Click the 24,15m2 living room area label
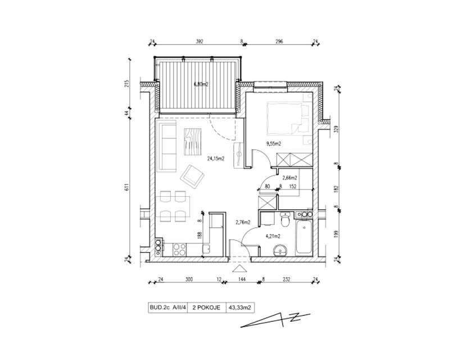(216, 158)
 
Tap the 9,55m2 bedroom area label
(274, 144)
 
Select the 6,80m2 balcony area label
(201, 84)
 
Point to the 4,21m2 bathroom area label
(273, 236)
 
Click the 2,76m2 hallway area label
(243, 222)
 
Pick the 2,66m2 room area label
(289, 178)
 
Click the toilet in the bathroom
(285, 219)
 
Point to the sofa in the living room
(166, 145)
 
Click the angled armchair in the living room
(192, 176)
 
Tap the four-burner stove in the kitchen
(179, 250)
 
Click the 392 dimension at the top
(199, 42)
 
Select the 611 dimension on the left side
(127, 187)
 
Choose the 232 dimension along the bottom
(286, 280)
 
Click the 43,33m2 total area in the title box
(240, 308)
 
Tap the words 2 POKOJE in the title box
(206, 308)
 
